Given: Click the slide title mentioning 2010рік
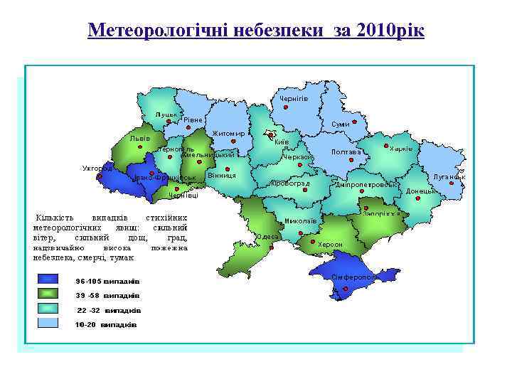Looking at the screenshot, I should tap(255, 31).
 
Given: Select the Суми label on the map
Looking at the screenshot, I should tap(341, 124).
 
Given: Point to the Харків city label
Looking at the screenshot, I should tap(401, 148).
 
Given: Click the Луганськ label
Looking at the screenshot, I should tap(449, 176).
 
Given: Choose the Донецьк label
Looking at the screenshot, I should tap(420, 191).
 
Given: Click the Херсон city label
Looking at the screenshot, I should tap(330, 244).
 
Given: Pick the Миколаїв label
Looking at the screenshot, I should tap(299, 220).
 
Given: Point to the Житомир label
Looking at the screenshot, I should tap(228, 134).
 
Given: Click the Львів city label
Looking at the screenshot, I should tap(140, 138).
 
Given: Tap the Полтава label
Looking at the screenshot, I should tap(346, 151).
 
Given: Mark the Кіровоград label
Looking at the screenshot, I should tap(290, 183).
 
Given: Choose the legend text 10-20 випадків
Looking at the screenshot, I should tap(107, 325).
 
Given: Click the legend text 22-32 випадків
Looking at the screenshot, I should tap(109, 311).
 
